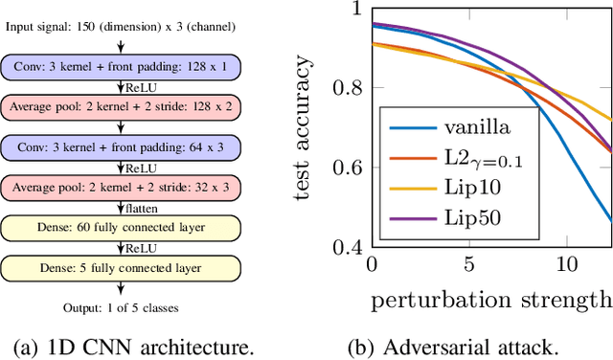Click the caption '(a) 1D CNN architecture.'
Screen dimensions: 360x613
tap(128, 347)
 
